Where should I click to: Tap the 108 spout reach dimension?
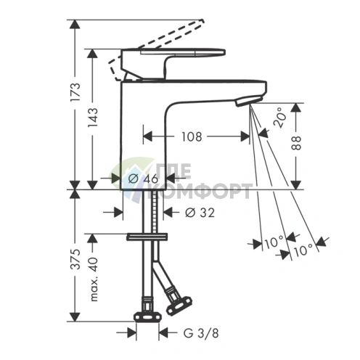pyautogui.click(x=192, y=137)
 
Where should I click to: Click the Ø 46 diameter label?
pyautogui.click(x=143, y=179)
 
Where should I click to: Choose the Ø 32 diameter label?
pyautogui.click(x=200, y=213)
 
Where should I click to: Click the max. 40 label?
pyautogui.click(x=94, y=279)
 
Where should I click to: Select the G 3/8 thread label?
pyautogui.click(x=201, y=333)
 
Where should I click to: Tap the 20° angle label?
pyautogui.click(x=280, y=118)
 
